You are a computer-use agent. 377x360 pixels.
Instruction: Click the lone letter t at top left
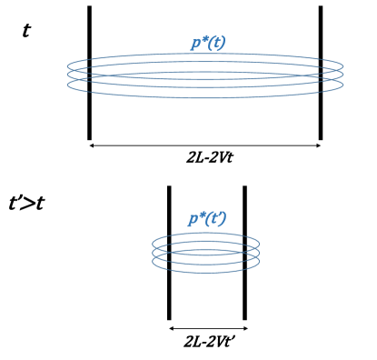26,30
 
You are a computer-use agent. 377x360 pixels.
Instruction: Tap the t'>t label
27,202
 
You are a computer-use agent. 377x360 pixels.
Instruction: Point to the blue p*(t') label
207,218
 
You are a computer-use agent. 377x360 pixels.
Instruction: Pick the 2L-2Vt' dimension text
207,343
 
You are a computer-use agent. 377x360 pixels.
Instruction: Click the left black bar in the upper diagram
89,73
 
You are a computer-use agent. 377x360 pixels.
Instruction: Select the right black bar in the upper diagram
321,73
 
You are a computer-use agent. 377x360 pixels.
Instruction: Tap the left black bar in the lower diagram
169,253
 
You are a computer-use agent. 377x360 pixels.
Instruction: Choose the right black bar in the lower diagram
244,253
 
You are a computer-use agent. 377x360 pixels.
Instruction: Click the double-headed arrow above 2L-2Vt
204,145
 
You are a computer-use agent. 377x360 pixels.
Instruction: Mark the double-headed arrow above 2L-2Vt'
208,328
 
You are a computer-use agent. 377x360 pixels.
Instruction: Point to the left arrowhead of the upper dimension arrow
91,145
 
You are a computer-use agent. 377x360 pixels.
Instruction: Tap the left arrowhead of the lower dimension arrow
171,328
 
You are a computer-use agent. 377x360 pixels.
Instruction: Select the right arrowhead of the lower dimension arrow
245,328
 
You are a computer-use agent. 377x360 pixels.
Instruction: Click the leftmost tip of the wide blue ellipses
66,75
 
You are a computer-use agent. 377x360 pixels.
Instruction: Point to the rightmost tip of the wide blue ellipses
343,75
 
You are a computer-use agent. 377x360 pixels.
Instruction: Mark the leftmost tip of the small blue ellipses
153,252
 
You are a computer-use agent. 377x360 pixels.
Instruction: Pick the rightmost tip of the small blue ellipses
260,252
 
